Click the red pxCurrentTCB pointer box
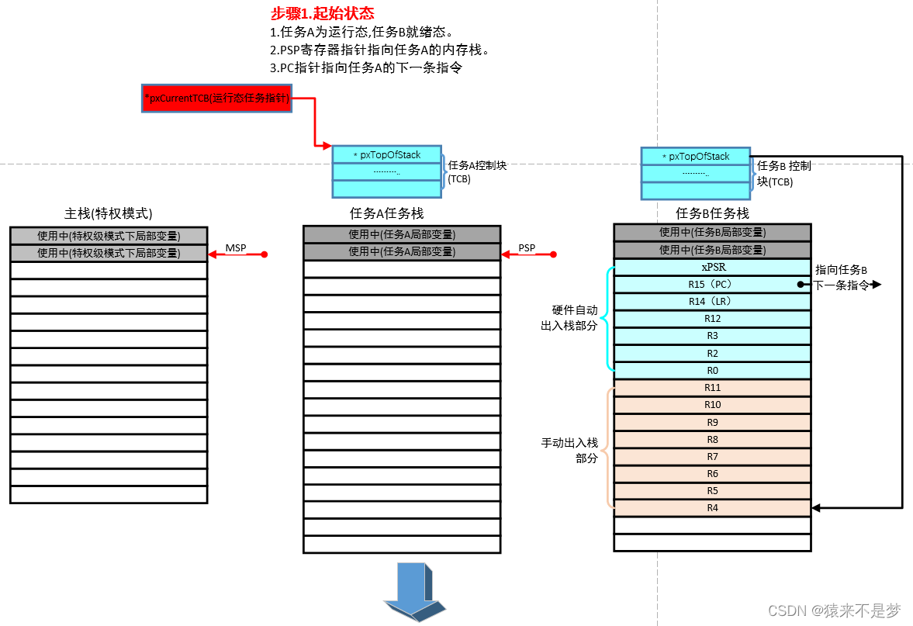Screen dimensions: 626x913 [x=216, y=99]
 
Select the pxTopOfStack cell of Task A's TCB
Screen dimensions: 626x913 [x=386, y=154]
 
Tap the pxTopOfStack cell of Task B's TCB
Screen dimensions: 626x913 [x=695, y=156]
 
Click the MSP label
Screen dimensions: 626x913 [x=236, y=247]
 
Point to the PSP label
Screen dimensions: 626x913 [x=527, y=247]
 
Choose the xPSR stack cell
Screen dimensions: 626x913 [x=711, y=267]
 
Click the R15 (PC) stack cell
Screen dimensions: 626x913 [x=711, y=284]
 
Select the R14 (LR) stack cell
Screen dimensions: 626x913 [x=711, y=301]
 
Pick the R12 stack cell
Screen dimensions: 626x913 [x=711, y=318]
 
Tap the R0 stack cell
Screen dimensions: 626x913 [x=711, y=370]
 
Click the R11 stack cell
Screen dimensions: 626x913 [x=711, y=387]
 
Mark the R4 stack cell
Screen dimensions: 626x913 [x=711, y=508]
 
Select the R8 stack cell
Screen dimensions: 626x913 [x=711, y=439]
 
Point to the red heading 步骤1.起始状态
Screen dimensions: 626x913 [x=322, y=14]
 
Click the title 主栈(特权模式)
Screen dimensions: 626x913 [x=108, y=213]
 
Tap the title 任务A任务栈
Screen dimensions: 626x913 [x=386, y=213]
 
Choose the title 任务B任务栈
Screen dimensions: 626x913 [x=712, y=213]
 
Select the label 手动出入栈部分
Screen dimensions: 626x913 [x=569, y=450]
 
